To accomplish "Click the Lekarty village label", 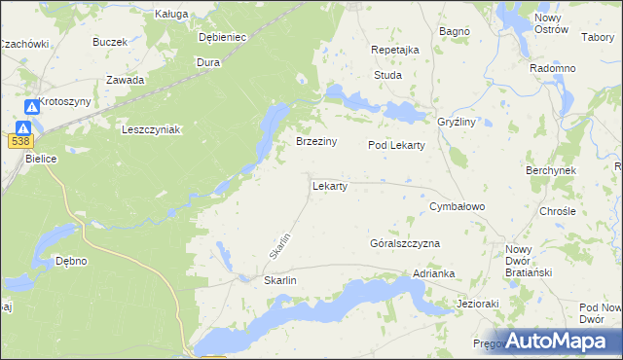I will (330, 185).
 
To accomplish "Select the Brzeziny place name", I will (316, 141).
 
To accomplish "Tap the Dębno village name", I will (71, 261).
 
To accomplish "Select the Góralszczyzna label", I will (405, 243).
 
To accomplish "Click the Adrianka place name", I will (434, 274).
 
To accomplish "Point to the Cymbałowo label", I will (458, 207).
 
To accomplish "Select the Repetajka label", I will (395, 50).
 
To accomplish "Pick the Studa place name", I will (387, 74).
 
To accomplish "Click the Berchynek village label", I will (551, 169).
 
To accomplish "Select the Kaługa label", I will (170, 15).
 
